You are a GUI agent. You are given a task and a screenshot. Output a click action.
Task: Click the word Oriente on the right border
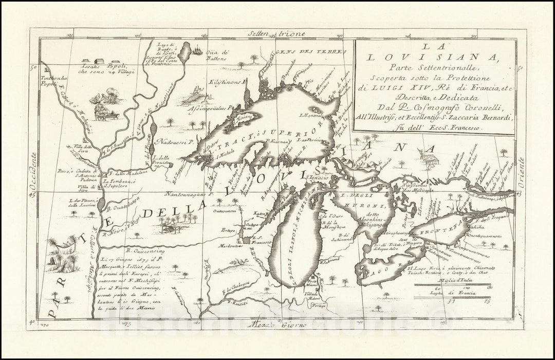click(x=522, y=172)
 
